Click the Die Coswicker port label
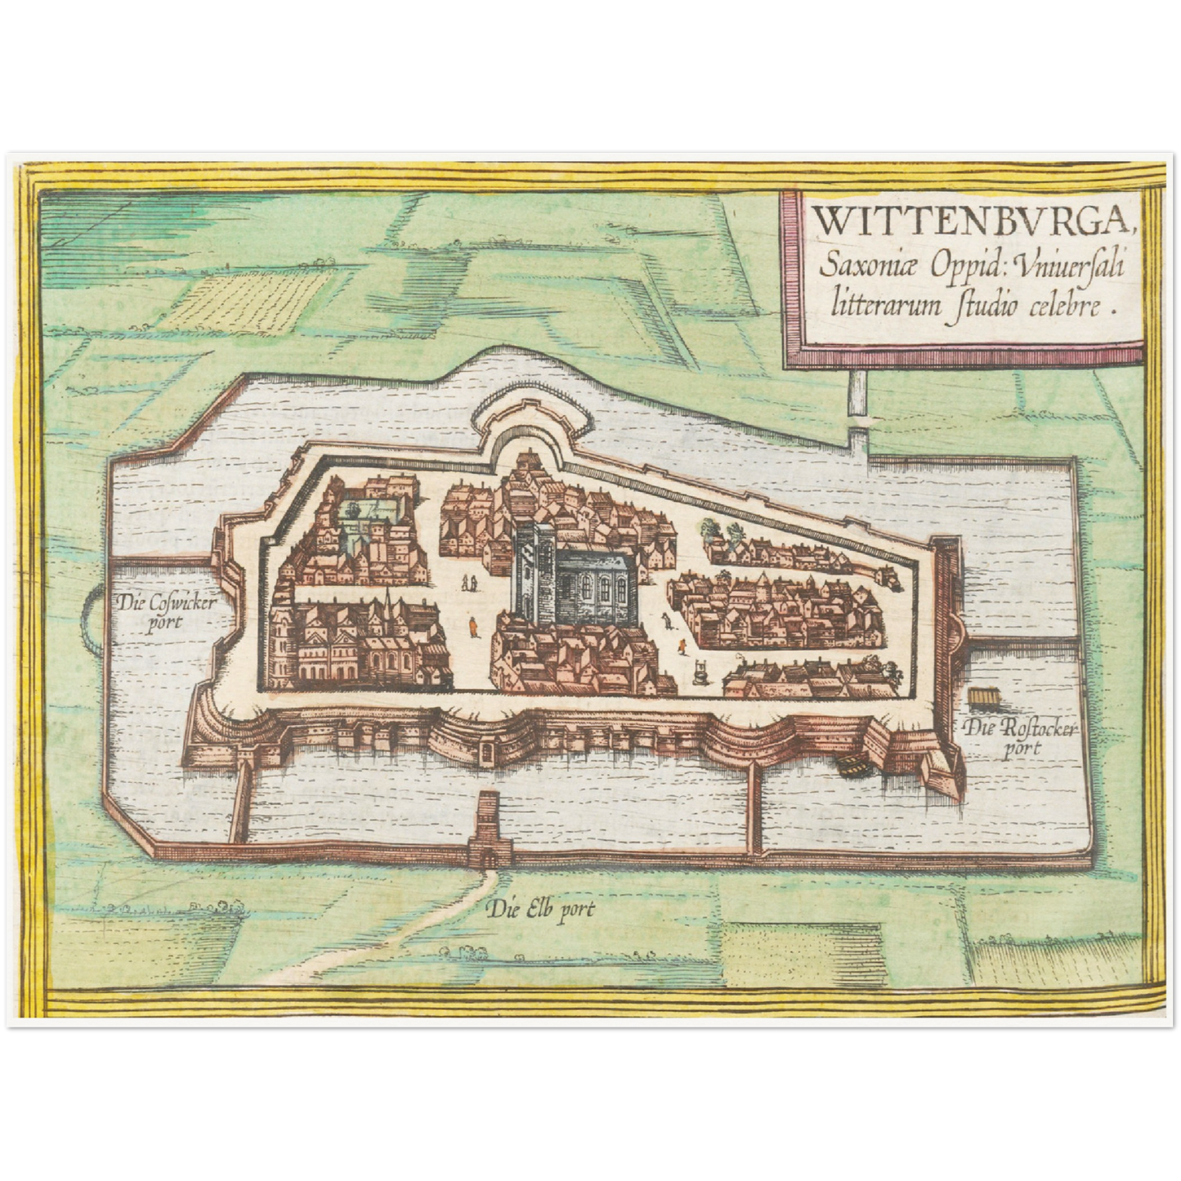point(165,611)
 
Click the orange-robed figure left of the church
point(472,628)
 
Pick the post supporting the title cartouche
point(857,409)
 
